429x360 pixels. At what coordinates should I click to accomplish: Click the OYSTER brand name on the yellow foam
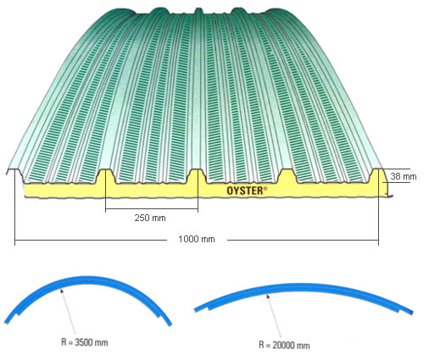pos(245,191)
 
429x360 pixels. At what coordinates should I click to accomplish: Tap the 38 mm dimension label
pos(404,176)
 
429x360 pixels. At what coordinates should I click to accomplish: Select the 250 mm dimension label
pos(150,218)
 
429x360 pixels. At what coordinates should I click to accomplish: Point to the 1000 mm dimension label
pos(197,240)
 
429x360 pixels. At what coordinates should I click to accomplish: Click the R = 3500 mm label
pos(85,343)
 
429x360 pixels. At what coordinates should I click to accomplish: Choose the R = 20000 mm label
pos(284,346)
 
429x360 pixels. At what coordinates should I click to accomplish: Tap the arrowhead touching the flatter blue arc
pos(267,296)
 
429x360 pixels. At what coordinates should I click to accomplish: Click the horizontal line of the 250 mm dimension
pos(152,209)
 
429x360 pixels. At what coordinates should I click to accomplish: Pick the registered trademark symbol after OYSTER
pos(265,188)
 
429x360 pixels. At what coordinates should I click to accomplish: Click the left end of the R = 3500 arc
pos(6,322)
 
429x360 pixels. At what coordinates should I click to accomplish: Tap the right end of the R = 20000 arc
pos(411,313)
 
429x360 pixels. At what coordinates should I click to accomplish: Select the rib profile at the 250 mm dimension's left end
pos(105,176)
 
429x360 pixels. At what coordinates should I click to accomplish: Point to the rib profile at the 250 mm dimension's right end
pos(197,176)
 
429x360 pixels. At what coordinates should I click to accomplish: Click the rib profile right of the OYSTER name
pos(287,176)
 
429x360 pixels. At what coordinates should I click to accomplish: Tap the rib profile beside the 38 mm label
pos(377,175)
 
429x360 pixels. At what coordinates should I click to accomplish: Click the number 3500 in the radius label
pos(84,343)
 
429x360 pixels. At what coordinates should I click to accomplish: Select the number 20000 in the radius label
pos(283,346)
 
